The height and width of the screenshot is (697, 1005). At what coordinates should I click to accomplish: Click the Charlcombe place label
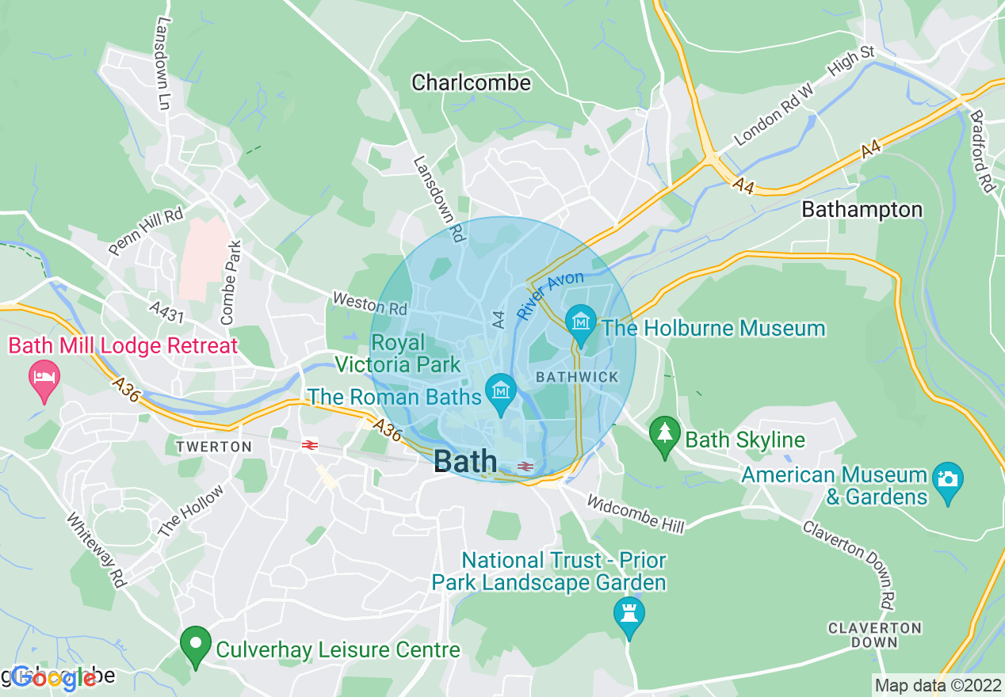tap(471, 82)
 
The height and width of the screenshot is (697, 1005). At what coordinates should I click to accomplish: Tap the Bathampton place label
tap(862, 210)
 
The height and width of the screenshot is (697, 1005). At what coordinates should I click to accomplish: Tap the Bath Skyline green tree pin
tap(664, 435)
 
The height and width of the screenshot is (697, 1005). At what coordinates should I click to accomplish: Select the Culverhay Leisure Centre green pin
tap(195, 646)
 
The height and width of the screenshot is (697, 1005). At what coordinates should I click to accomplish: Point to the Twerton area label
tap(214, 447)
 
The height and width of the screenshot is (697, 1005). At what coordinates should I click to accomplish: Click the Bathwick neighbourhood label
tap(577, 377)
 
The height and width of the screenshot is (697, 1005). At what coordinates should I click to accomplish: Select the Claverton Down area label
tap(874, 635)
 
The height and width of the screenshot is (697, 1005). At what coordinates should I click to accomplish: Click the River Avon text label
tap(550, 295)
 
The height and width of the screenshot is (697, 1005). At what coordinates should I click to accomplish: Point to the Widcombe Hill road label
tap(633, 512)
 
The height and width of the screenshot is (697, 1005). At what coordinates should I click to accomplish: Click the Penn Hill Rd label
tap(145, 231)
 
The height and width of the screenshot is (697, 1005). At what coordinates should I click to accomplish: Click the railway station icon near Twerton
tap(309, 446)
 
